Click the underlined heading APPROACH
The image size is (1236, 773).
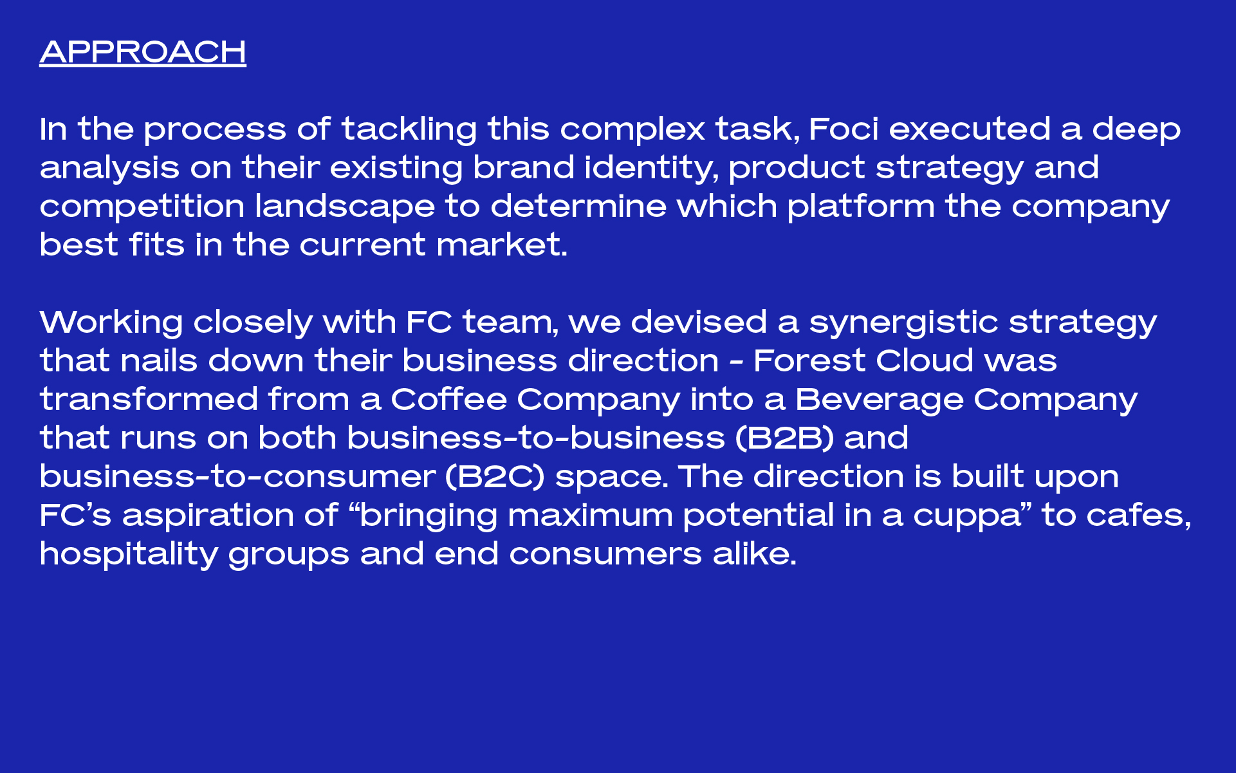click(143, 52)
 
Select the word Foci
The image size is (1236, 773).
click(844, 129)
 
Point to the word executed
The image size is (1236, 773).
click(970, 129)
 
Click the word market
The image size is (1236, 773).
click(502, 245)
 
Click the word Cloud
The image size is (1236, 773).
click(925, 360)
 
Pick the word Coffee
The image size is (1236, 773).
click(448, 399)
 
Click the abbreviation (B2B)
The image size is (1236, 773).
click(784, 438)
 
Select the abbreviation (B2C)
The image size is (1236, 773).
click(495, 477)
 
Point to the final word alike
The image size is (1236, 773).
click(755, 554)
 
